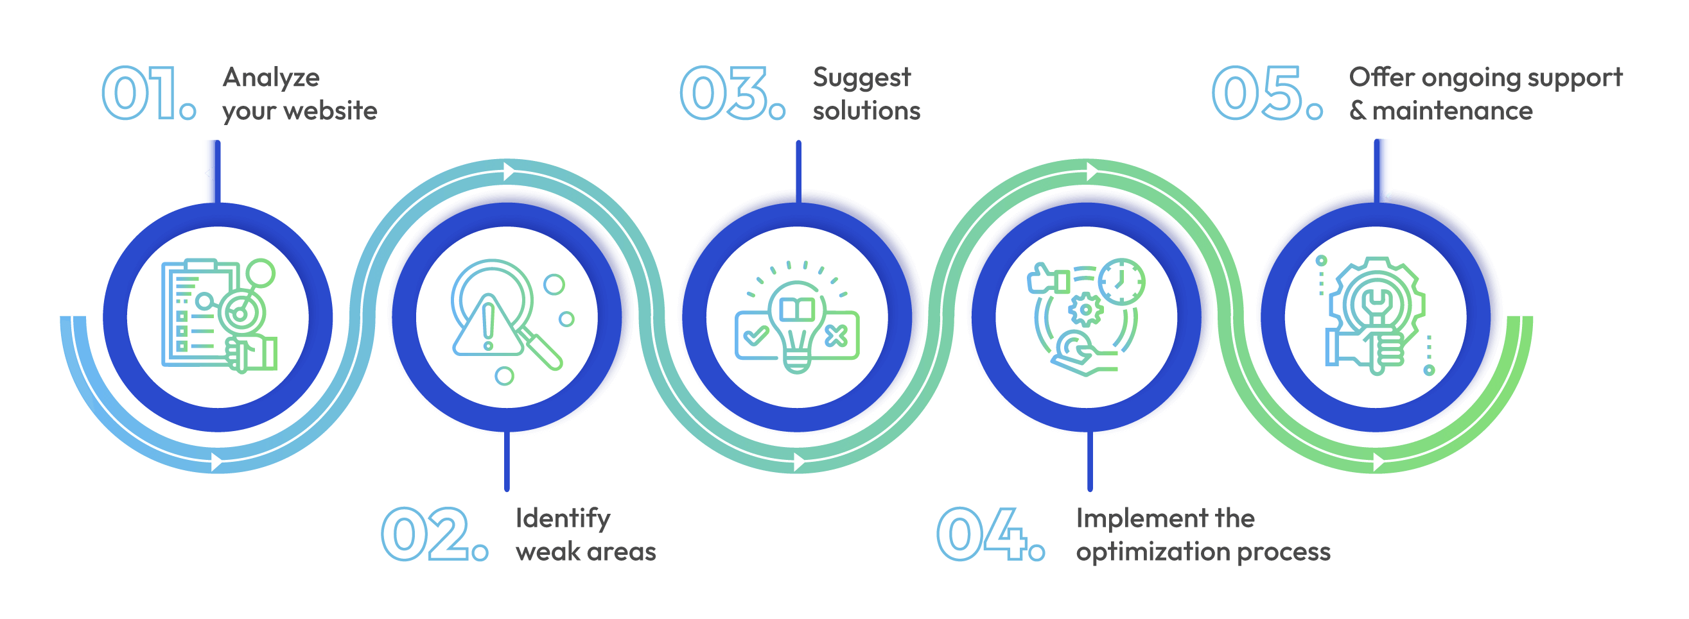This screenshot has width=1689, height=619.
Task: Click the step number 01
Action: [150, 93]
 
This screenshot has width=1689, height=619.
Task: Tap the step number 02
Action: [435, 534]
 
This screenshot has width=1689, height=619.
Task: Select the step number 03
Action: [732, 93]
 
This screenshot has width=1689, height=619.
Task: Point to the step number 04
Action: [990, 534]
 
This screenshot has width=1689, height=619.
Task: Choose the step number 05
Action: [1266, 93]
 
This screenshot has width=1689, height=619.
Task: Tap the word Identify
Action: [563, 519]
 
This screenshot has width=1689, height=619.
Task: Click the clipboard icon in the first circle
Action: [197, 313]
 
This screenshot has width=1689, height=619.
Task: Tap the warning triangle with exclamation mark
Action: [487, 326]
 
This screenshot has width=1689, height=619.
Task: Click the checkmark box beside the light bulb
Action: [756, 336]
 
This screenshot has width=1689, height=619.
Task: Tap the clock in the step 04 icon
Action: [1121, 282]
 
